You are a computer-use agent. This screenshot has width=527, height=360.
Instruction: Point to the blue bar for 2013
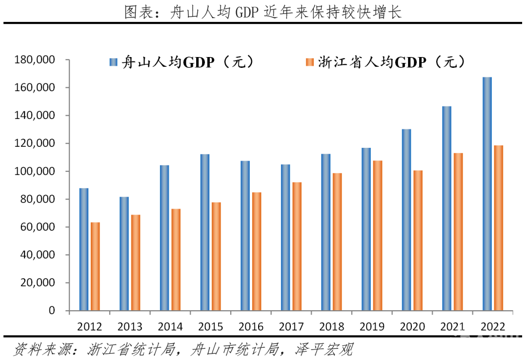[124, 254]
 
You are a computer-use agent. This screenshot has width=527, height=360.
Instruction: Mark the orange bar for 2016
[257, 251]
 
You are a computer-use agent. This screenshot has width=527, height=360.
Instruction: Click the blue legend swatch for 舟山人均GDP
[114, 62]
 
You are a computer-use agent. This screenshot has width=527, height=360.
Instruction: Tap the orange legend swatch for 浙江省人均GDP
[309, 62]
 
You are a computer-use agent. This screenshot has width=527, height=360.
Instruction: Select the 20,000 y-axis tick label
[37, 283]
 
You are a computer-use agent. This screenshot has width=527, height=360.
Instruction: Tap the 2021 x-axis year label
[453, 326]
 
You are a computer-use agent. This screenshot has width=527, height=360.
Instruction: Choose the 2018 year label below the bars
[331, 326]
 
